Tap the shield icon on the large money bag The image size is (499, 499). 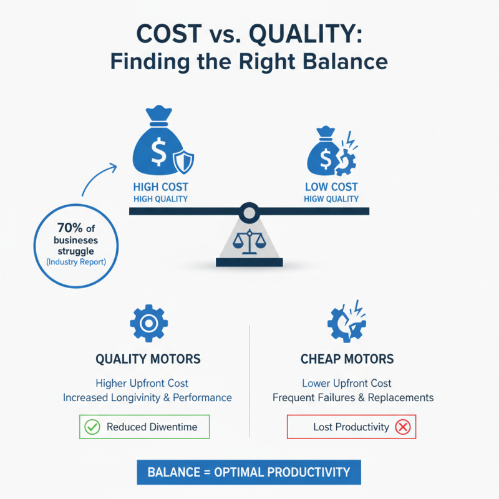[x=183, y=162]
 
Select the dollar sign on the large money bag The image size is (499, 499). [x=158, y=152]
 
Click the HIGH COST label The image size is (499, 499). [x=161, y=187]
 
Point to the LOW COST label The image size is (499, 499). [x=331, y=187]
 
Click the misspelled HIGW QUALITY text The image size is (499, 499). [x=331, y=199]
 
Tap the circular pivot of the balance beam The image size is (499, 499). [x=249, y=213]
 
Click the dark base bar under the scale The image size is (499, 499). [x=249, y=262]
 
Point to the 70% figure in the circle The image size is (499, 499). [x=70, y=228]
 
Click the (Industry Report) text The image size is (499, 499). [x=76, y=262]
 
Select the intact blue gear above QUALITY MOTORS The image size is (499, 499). [x=149, y=323]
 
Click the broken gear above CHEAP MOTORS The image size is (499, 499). [x=346, y=322]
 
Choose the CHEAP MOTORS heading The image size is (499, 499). [x=347, y=359]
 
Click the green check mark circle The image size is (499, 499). [x=92, y=427]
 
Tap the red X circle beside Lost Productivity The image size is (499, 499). [x=403, y=427]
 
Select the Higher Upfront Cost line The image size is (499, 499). [x=142, y=383]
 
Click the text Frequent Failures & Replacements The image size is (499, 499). [x=353, y=397]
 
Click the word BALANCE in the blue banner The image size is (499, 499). [x=174, y=472]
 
